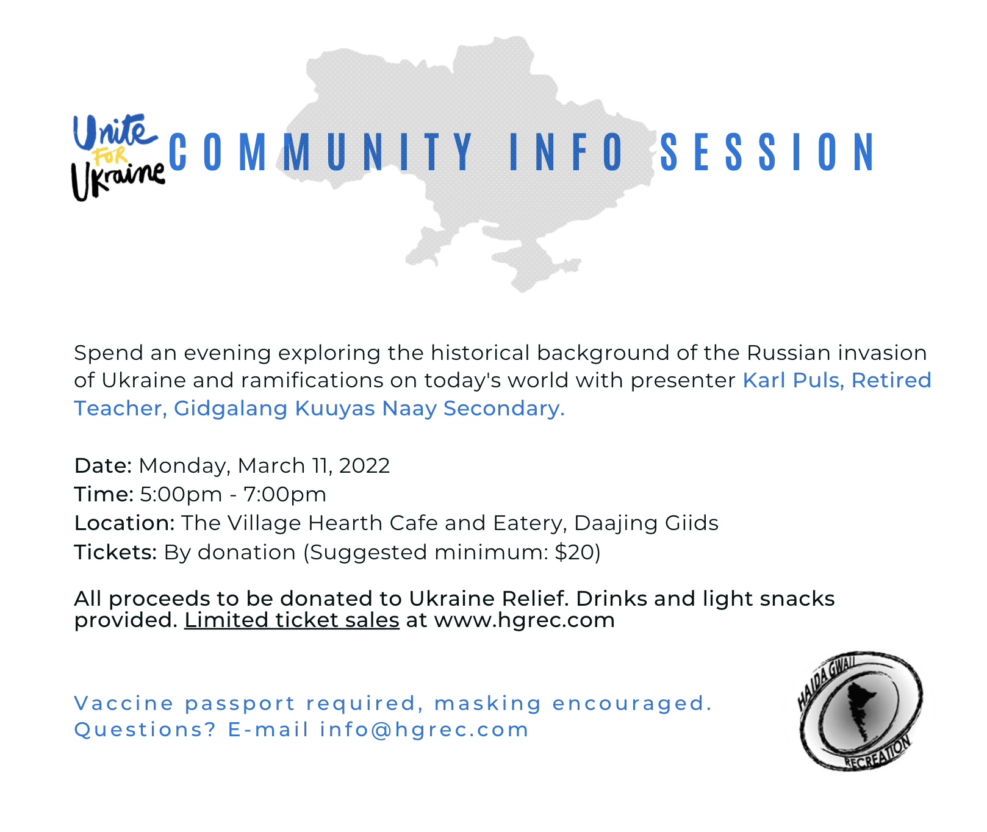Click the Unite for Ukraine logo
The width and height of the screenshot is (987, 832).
coord(118,157)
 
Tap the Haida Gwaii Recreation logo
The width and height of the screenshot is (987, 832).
coord(861,711)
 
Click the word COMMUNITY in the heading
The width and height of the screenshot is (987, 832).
coord(321,152)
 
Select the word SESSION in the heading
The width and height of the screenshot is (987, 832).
coord(767,152)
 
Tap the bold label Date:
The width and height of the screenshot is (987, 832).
coord(103,465)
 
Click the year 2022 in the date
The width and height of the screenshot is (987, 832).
coord(364,465)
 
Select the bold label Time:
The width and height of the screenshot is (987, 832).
coord(104,494)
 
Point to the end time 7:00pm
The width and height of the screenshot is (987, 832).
coord(285,495)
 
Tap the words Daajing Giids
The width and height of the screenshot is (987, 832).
coord(646,523)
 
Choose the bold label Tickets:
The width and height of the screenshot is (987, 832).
coord(115,552)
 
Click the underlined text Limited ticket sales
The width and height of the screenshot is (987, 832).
coord(292,620)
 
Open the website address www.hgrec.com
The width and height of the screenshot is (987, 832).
coord(524,620)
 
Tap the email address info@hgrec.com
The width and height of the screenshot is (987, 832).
coord(424,730)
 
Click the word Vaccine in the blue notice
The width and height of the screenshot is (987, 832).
coord(124,703)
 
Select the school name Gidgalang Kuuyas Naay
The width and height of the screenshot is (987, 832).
coord(305,409)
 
